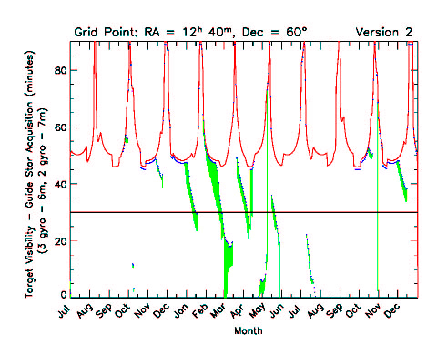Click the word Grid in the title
point(84,32)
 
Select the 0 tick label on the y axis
point(63,294)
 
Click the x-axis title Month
point(248,331)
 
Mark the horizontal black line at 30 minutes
point(319,212)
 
